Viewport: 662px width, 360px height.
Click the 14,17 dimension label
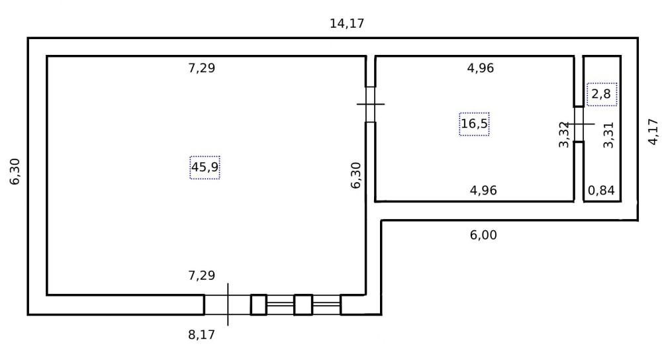click(x=347, y=24)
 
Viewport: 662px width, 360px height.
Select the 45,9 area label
click(x=205, y=167)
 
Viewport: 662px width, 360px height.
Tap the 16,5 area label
click(x=474, y=124)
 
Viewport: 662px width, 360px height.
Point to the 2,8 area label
click(x=601, y=94)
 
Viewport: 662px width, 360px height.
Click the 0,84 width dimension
click(x=601, y=191)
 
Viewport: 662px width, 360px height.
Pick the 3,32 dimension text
click(x=565, y=134)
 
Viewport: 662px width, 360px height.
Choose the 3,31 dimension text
click(x=608, y=135)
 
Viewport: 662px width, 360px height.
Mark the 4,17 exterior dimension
click(x=653, y=132)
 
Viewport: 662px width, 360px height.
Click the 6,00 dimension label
click(x=483, y=235)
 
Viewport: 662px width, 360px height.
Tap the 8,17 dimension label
click(x=201, y=335)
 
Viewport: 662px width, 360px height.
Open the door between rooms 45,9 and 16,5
click(x=370, y=105)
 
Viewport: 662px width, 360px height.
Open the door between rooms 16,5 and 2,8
click(x=579, y=124)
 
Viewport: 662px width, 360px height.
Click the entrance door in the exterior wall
click(x=228, y=304)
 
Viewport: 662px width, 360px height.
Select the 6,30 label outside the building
click(x=15, y=172)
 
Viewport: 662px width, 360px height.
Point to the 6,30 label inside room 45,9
click(x=356, y=175)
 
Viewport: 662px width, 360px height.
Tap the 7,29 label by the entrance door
click(x=201, y=275)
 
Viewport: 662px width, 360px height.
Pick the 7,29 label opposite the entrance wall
click(x=201, y=68)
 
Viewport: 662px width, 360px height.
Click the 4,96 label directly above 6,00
click(x=483, y=191)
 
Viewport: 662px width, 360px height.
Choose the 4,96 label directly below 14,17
click(x=481, y=68)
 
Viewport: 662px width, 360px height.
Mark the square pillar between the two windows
click(x=303, y=304)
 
